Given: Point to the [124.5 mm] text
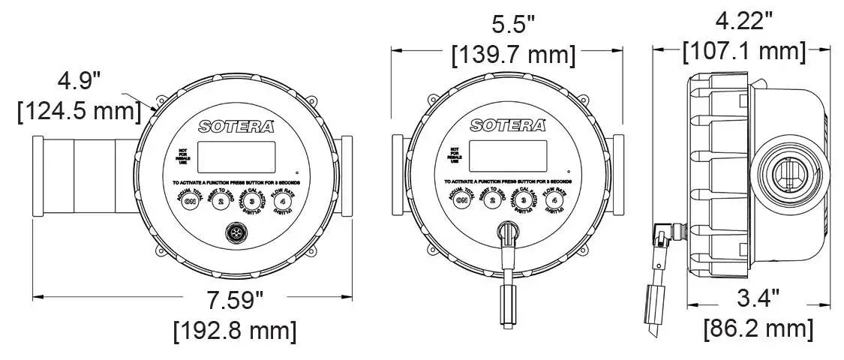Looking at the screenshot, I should coord(80,111).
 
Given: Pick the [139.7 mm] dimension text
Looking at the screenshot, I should coord(514,54).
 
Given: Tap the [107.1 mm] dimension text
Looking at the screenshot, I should coord(743,51).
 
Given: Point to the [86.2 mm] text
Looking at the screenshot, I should coord(758,328).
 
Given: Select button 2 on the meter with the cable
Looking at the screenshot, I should coord(492,200).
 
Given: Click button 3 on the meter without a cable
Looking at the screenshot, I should coord(252,200).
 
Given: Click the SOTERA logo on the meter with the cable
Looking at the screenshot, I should coord(508,125).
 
